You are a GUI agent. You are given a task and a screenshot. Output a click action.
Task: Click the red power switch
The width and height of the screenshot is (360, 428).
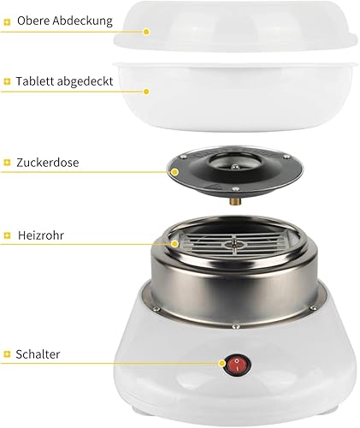point(237,365)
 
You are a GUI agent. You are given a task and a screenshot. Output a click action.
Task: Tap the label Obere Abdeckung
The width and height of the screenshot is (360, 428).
point(65,21)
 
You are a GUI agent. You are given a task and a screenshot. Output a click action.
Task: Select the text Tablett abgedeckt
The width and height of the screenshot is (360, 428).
point(65,81)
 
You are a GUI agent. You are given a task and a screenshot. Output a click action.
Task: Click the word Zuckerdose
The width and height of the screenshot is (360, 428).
point(48,163)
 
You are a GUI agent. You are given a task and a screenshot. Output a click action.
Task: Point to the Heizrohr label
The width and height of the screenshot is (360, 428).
point(41,235)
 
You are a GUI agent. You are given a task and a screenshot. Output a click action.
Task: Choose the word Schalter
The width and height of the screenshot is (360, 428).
point(38,354)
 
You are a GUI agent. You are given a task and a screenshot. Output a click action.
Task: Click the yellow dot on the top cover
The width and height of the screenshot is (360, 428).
point(146,32)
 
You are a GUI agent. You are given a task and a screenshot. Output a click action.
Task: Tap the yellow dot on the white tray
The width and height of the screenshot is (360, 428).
point(146,92)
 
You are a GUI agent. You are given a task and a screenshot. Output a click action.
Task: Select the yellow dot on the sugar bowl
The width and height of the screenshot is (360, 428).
point(174,172)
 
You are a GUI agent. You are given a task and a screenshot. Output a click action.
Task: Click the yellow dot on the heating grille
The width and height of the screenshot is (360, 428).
point(174,244)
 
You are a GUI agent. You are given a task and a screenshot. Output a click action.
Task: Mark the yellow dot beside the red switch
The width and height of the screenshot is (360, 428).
point(222,364)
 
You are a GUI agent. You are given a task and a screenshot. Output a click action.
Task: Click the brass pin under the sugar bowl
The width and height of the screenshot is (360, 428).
point(235,201)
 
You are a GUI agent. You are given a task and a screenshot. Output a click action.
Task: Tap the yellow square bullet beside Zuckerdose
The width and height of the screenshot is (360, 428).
point(7,163)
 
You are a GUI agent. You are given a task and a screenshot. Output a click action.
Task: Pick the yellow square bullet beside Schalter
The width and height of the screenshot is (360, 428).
point(7,354)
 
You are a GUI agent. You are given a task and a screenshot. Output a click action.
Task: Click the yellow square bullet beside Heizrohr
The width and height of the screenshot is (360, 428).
point(7,235)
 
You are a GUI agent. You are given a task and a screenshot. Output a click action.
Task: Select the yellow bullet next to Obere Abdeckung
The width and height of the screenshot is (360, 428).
point(7,21)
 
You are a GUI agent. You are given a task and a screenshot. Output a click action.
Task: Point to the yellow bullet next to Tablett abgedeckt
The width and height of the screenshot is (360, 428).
point(7,81)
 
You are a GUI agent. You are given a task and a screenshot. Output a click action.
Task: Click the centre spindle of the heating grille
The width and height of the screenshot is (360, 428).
point(234,244)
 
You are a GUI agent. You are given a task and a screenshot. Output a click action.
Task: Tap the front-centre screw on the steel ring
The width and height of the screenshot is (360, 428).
point(235,326)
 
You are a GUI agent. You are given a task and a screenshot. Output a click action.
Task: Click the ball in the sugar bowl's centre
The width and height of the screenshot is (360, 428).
point(234,166)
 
